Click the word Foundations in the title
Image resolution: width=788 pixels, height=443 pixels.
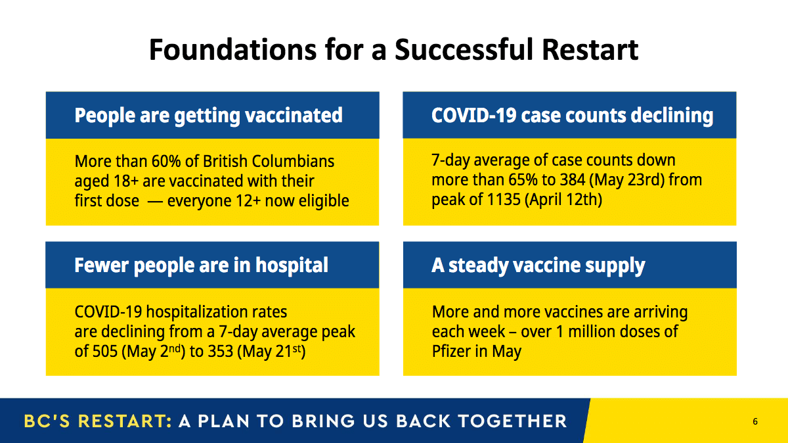click(x=233, y=49)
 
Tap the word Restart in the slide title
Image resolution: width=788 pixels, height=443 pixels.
click(x=590, y=49)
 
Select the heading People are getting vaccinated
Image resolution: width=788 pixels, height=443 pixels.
click(x=208, y=116)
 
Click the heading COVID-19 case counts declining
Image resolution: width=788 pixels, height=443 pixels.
click(x=573, y=115)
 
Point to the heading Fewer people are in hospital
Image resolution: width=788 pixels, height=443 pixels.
click(x=201, y=265)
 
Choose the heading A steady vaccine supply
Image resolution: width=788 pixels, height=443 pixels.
click(x=538, y=266)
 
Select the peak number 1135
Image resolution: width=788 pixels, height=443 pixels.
click(x=504, y=199)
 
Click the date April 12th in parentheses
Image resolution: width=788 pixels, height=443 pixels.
click(x=563, y=199)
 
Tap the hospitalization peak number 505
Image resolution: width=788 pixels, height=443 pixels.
click(x=105, y=352)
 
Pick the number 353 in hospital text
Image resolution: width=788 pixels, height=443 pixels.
click(x=221, y=352)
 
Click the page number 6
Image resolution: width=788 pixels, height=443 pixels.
click(x=755, y=421)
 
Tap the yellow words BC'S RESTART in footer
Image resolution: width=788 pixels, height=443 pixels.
click(x=97, y=421)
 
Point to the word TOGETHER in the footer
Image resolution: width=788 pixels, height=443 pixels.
click(x=513, y=421)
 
